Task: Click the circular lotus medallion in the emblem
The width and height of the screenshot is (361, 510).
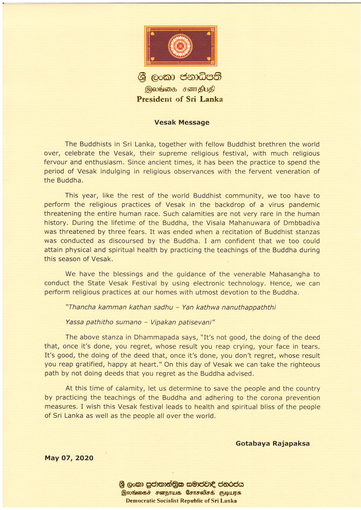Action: [x=180, y=46]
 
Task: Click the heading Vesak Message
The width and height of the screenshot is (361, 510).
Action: [x=182, y=122]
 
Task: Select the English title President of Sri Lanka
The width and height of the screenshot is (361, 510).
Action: [x=180, y=99]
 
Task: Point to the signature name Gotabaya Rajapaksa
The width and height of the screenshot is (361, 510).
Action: [x=272, y=443]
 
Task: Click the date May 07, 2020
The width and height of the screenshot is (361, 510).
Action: [x=69, y=458]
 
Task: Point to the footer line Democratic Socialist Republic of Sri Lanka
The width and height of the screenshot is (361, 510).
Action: [x=181, y=501]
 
